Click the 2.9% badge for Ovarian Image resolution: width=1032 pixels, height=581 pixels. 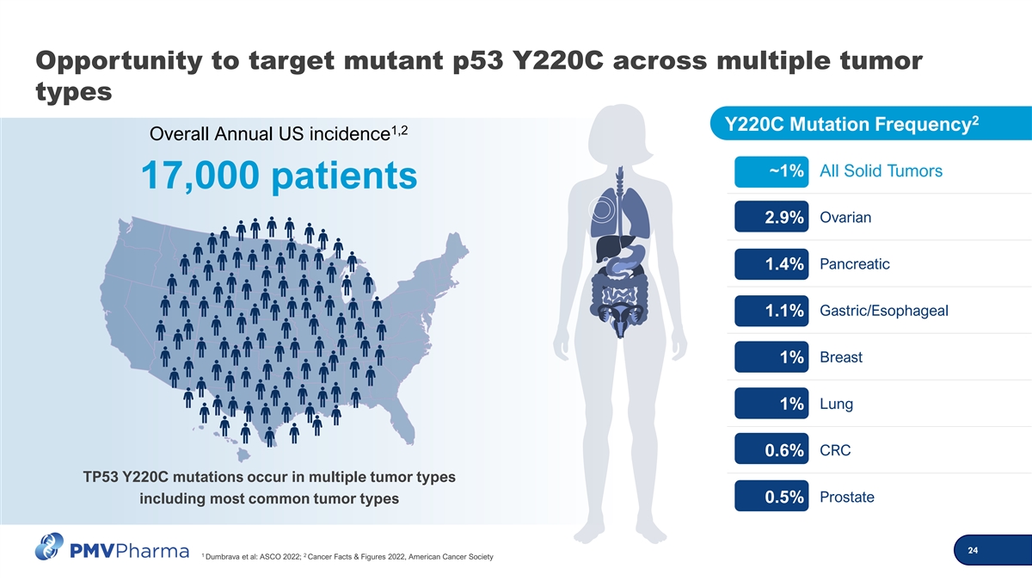coord(771,217)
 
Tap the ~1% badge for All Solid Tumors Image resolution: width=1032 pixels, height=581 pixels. coord(771,171)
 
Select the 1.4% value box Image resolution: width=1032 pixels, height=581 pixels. coord(771,264)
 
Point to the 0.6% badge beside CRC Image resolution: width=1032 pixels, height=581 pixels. coord(771,448)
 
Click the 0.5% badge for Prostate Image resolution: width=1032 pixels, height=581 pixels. coord(771,496)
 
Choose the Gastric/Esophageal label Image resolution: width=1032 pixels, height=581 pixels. coord(884,312)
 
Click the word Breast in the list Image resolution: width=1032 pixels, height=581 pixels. coord(841,357)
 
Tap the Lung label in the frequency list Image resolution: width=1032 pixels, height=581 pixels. coord(836,405)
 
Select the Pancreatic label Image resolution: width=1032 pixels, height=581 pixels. coord(855,264)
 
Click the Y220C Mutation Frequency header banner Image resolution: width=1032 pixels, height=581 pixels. coord(870,124)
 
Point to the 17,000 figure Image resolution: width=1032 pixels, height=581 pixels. coord(200,176)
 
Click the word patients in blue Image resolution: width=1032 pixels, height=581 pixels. coord(344,177)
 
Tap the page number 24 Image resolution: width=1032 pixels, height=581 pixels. coord(973,550)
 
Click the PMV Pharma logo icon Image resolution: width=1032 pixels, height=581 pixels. coord(49,547)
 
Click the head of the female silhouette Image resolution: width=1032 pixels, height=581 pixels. coord(621,133)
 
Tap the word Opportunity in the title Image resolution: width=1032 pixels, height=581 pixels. coord(119,62)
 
